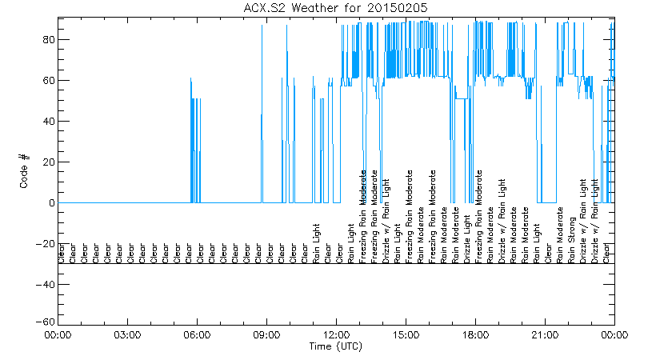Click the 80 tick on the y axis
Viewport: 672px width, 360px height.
coord(48,40)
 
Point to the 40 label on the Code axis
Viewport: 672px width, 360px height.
coord(48,122)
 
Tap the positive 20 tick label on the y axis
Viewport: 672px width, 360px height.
coord(48,162)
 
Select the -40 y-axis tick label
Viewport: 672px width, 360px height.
coord(45,285)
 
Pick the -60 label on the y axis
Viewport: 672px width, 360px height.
coord(45,322)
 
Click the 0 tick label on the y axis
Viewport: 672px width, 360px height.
coord(51,203)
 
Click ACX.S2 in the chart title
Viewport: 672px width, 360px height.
coord(266,7)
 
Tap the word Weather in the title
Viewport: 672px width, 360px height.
coord(321,7)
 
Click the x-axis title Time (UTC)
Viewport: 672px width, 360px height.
coord(337,346)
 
